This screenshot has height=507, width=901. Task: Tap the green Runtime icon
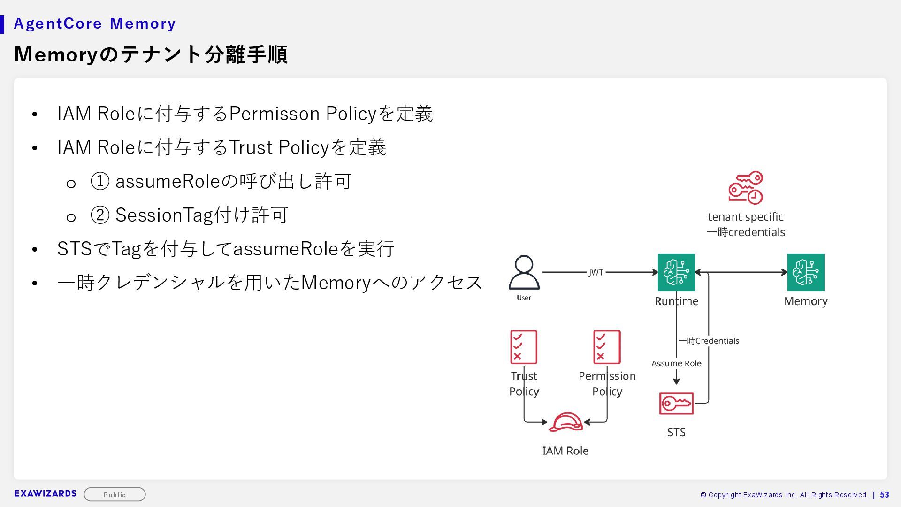(676, 272)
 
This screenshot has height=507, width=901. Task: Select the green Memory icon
(806, 272)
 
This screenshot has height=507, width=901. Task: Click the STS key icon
(676, 403)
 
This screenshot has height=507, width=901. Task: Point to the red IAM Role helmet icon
(565, 422)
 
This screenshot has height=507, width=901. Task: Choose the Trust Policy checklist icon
(524, 347)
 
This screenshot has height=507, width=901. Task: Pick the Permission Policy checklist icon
(607, 347)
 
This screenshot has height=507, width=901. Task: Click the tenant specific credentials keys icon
(746, 188)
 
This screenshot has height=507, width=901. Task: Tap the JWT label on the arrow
(596, 272)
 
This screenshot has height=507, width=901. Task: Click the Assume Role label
(676, 363)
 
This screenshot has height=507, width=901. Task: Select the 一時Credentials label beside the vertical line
(709, 341)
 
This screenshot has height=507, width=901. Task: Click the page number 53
(885, 495)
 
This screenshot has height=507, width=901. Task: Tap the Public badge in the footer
(115, 494)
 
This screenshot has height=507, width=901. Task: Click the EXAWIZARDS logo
(45, 493)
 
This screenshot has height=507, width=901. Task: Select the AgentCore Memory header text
(95, 23)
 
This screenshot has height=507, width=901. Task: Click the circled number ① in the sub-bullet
(100, 181)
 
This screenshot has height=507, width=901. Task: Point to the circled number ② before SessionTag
(100, 215)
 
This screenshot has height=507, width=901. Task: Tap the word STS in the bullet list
(74, 249)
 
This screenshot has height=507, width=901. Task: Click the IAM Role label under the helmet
(565, 451)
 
